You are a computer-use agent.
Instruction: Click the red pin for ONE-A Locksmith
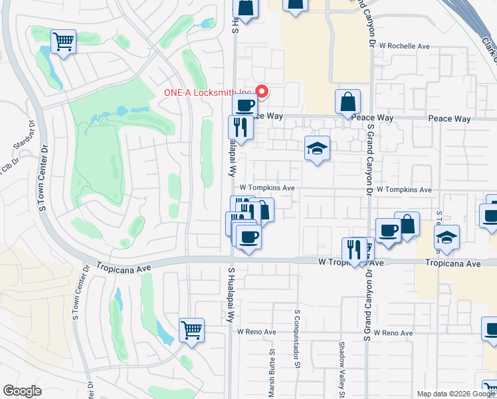click(262, 92)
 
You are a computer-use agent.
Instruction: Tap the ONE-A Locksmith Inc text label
click(209, 92)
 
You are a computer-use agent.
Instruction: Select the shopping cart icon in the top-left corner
click(63, 42)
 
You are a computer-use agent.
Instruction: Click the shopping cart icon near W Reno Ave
click(191, 330)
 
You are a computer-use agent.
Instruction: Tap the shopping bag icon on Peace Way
click(348, 102)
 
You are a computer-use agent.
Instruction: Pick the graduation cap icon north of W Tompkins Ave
click(318, 149)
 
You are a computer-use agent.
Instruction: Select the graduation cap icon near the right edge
click(447, 238)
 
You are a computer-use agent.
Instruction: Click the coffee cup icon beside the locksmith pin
click(245, 105)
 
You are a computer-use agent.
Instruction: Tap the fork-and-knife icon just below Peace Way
click(241, 128)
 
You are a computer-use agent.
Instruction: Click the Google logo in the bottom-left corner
click(23, 391)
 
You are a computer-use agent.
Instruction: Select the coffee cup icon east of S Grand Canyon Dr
click(388, 231)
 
